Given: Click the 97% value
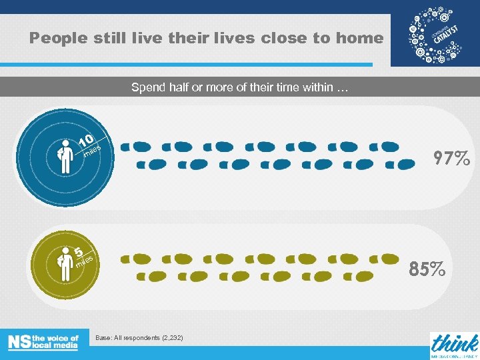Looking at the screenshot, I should click(451, 158).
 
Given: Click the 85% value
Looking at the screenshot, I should click(428, 269).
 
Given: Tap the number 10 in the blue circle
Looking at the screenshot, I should click(86, 141).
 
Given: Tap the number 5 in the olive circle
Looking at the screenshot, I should click(79, 253).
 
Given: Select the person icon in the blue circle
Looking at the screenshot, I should click(65, 156).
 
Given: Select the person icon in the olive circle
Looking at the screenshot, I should click(65, 264).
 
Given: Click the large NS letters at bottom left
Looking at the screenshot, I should click(19, 342).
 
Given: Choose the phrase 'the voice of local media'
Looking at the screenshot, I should click(55, 342).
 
